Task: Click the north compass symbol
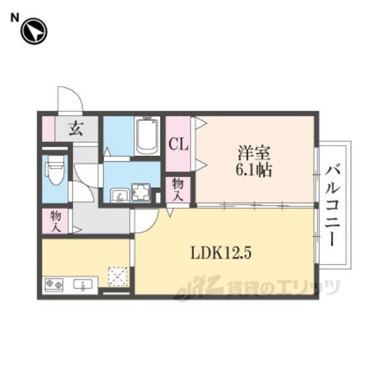click(x=34, y=31)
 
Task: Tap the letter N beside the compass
click(x=14, y=17)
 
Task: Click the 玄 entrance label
click(x=76, y=129)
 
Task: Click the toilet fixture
click(x=55, y=170)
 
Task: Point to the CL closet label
click(x=178, y=144)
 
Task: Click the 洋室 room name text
click(x=254, y=154)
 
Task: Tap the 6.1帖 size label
click(x=254, y=170)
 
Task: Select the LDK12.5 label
click(x=221, y=253)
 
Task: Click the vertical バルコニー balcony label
click(x=332, y=206)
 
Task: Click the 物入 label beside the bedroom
click(x=177, y=189)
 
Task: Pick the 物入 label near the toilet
click(x=55, y=221)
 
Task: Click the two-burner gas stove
click(x=54, y=285)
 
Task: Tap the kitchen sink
click(x=83, y=285)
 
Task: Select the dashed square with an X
click(x=118, y=277)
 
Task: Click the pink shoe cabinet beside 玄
click(x=48, y=129)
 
